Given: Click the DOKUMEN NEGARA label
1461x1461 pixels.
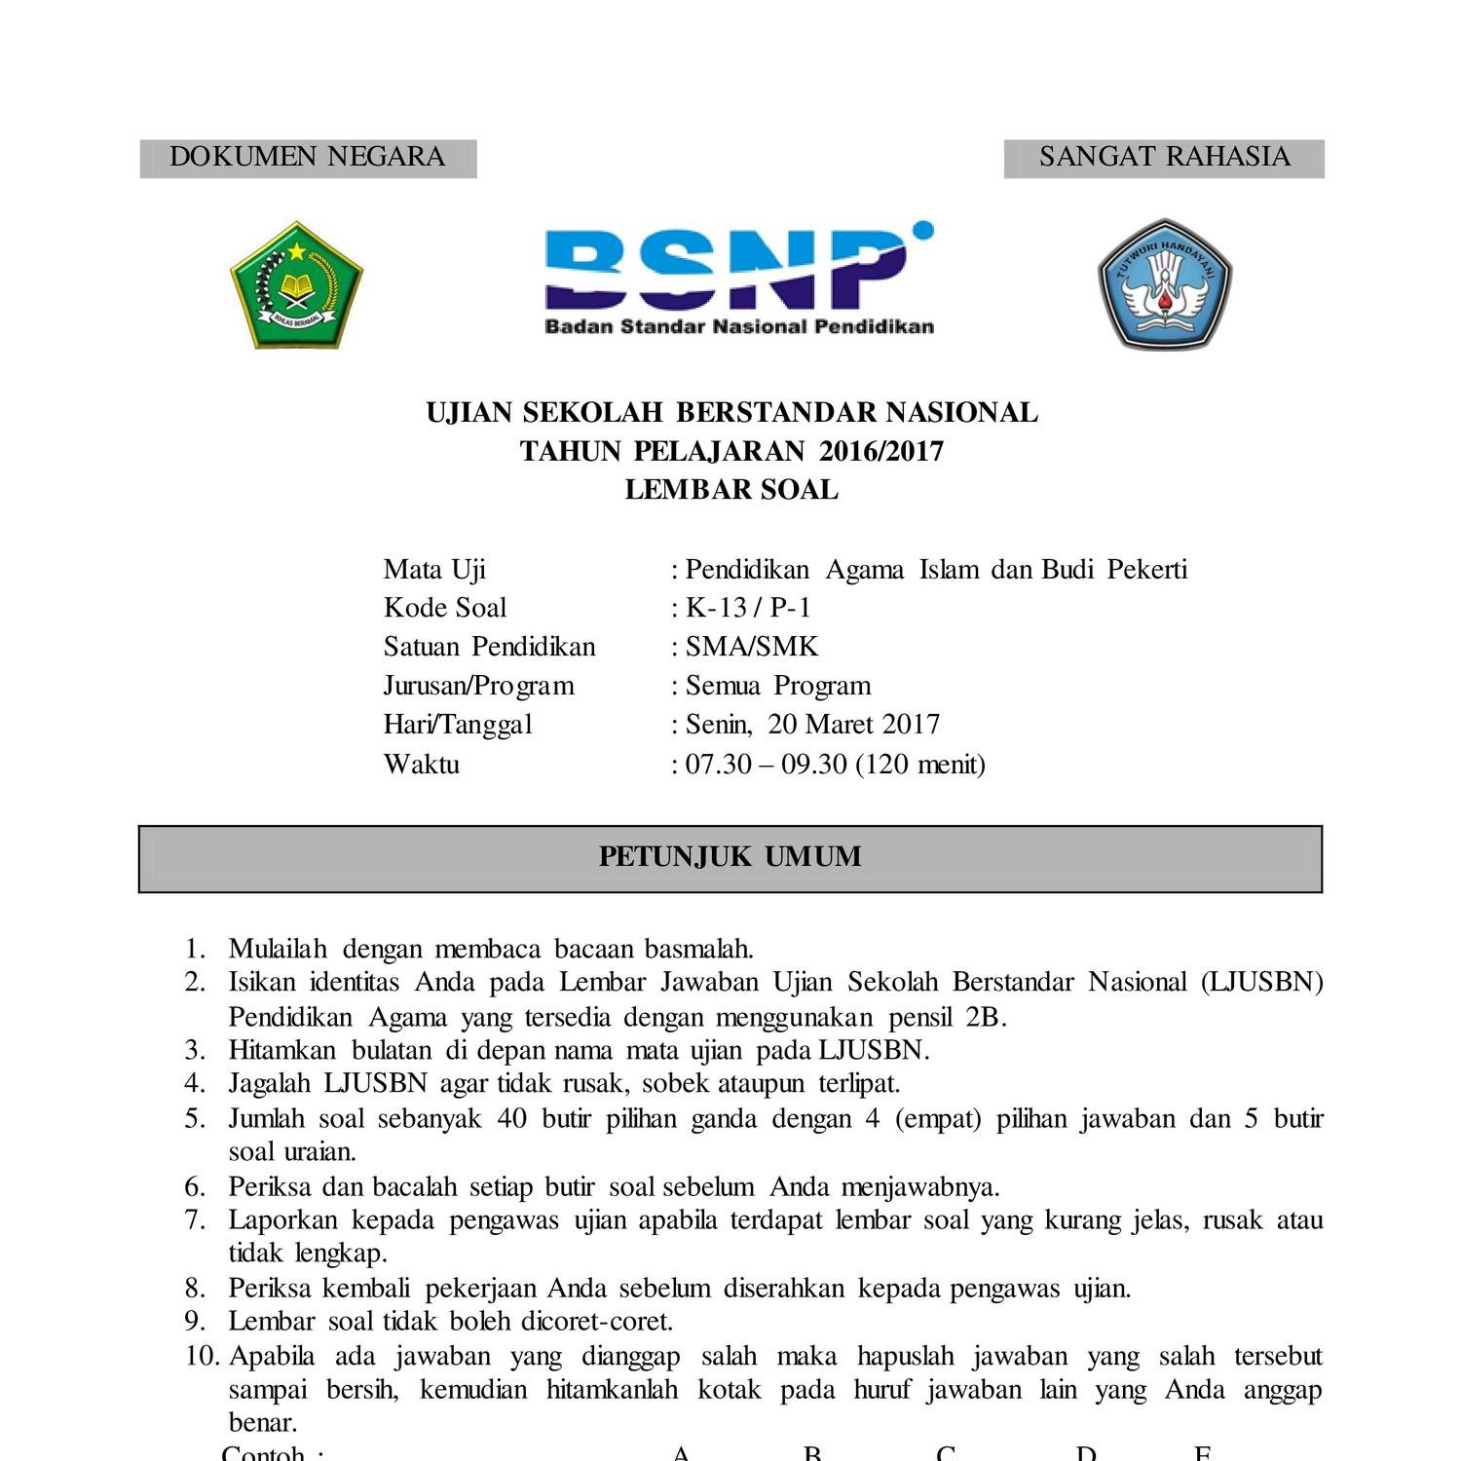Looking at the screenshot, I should point(307,157).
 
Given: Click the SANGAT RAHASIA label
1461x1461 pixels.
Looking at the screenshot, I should point(1164,157).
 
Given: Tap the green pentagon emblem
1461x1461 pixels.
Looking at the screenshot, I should point(296,284).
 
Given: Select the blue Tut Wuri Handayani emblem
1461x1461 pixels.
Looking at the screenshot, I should point(1164,283).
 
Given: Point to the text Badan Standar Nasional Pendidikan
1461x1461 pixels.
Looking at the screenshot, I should point(738,327).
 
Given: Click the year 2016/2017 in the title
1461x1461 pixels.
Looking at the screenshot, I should point(881,451).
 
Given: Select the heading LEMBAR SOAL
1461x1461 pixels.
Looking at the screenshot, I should point(731,489).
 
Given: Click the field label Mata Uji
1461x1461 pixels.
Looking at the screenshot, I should point(434,570).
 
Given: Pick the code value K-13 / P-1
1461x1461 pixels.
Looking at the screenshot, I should point(748,608).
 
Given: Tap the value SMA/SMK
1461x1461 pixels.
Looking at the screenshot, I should point(752,647).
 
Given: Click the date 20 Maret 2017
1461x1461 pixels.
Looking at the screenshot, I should point(853,725).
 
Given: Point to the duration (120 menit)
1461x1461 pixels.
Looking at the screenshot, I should point(920,764).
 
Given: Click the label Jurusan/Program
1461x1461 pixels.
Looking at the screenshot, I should point(478,686).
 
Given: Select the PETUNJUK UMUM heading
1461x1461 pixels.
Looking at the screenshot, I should point(730,857).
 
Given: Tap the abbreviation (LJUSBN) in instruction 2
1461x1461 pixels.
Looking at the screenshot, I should point(1261,982).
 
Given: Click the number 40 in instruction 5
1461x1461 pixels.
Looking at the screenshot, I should point(511,1118).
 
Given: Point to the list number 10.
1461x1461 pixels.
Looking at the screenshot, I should point(203,1356).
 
